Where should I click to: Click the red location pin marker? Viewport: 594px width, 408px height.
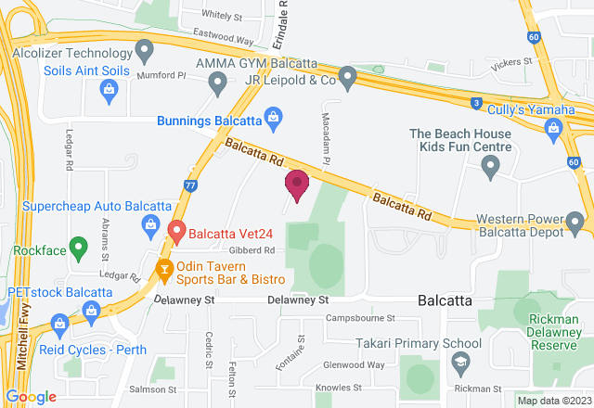[297, 185]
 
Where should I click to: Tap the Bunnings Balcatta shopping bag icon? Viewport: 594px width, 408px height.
[273, 117]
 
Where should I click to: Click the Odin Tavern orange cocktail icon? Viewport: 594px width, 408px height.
[163, 272]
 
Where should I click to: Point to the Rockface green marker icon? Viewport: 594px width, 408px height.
[79, 247]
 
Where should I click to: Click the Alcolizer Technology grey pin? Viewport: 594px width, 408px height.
[143, 48]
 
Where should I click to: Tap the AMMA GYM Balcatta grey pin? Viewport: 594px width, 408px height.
[217, 84]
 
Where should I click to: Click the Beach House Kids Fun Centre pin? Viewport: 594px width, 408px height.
[491, 168]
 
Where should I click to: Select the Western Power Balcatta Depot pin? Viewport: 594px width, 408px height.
[575, 223]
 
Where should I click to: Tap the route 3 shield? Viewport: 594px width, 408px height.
[475, 101]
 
